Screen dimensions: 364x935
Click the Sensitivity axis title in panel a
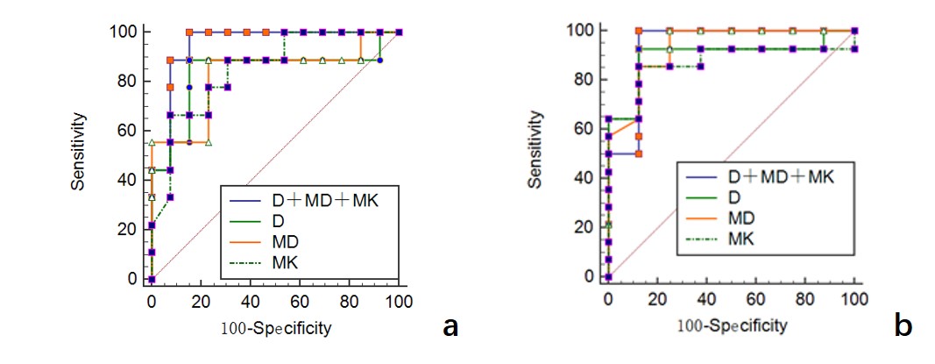(x=80, y=155)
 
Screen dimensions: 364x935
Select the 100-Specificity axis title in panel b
(x=731, y=325)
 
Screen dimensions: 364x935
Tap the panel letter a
(x=450, y=326)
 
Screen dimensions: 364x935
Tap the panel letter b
(x=903, y=326)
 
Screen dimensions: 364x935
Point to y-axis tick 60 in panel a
(x=128, y=131)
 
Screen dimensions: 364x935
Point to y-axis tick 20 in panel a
(x=128, y=230)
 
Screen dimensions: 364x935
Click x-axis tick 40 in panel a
(x=251, y=300)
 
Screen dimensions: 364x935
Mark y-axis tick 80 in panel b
(x=584, y=80)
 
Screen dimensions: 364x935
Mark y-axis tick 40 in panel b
(x=584, y=178)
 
